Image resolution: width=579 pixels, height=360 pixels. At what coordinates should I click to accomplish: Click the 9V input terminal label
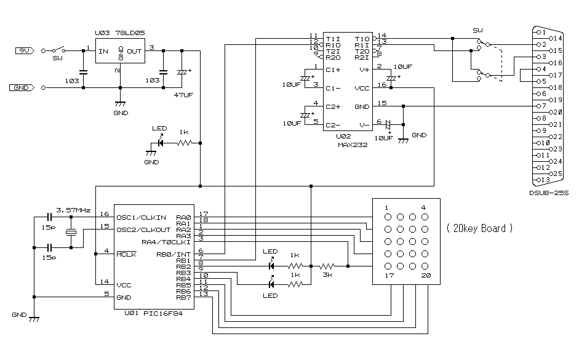(23, 50)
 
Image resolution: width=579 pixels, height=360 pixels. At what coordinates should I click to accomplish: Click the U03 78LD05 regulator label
(120, 33)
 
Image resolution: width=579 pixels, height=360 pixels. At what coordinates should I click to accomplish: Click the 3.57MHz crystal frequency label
(72, 209)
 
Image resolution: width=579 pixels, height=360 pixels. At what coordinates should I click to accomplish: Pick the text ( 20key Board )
(479, 228)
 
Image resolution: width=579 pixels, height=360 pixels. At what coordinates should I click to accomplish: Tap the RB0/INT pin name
(175, 254)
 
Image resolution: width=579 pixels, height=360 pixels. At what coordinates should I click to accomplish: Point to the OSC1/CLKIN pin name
(141, 217)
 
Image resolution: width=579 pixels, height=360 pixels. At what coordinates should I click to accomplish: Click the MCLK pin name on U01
(127, 254)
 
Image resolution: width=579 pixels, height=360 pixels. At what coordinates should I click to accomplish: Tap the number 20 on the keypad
(425, 277)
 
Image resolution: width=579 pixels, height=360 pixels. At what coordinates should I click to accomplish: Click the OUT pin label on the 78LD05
(135, 51)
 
